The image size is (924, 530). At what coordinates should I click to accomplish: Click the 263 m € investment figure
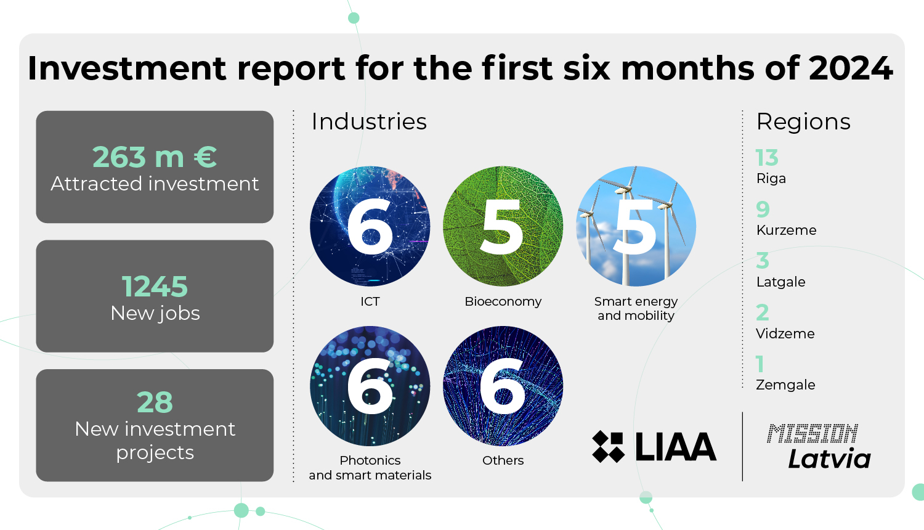click(155, 157)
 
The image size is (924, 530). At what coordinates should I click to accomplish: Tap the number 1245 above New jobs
click(155, 287)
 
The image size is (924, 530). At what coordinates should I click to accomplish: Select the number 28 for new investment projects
click(155, 402)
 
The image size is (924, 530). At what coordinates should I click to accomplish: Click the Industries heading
click(369, 121)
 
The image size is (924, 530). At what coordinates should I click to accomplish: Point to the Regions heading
click(803, 122)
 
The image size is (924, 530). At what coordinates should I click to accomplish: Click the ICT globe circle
click(370, 226)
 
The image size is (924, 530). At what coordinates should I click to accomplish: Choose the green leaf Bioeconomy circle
click(503, 226)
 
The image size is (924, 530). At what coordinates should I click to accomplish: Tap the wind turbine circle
click(636, 226)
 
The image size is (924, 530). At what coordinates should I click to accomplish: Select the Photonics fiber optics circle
click(370, 386)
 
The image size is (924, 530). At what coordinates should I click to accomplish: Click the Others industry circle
click(503, 386)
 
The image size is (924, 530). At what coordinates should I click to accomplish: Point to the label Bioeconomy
click(503, 301)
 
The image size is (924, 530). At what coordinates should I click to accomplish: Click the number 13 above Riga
click(767, 158)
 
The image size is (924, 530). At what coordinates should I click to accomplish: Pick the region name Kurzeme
click(786, 230)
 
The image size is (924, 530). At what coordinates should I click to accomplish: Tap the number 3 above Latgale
click(763, 261)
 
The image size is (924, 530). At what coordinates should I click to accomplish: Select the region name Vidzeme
click(785, 333)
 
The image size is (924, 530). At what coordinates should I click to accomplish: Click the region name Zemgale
click(785, 385)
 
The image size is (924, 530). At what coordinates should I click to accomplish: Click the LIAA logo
click(654, 447)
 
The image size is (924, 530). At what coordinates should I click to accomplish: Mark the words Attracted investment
click(155, 184)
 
